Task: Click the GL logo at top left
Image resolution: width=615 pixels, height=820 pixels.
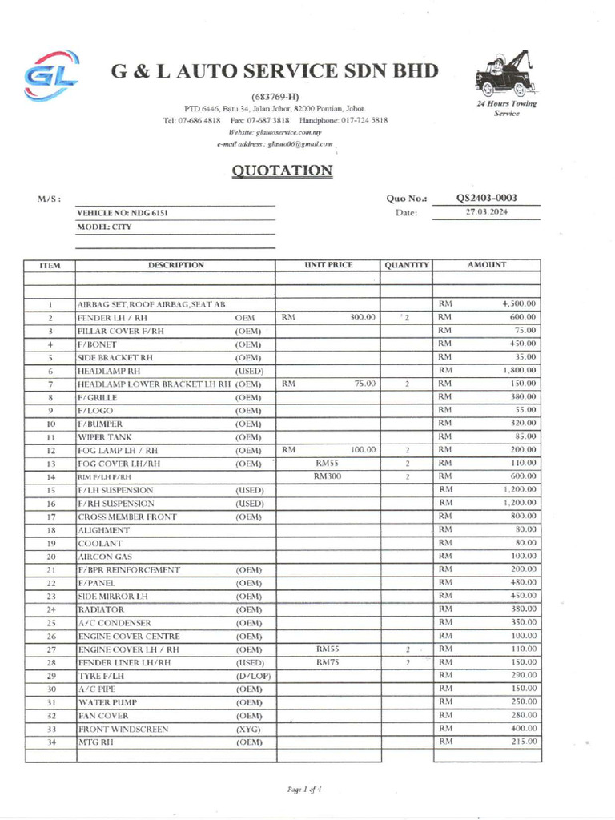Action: pyautogui.click(x=50, y=76)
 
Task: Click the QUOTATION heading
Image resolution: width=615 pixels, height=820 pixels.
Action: pyautogui.click(x=281, y=171)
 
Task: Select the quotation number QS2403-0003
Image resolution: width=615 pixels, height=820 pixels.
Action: pyautogui.click(x=486, y=198)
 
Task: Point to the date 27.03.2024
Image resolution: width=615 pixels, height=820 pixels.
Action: pyautogui.click(x=487, y=212)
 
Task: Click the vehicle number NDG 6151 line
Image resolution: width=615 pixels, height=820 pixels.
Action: pyautogui.click(x=123, y=213)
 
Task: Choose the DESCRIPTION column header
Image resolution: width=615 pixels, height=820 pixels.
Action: pyautogui.click(x=175, y=265)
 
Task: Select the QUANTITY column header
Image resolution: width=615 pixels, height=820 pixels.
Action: pyautogui.click(x=407, y=265)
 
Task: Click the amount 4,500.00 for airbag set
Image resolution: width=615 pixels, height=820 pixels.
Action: pyautogui.click(x=518, y=304)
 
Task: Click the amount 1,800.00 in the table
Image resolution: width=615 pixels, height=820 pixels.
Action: pyautogui.click(x=519, y=371)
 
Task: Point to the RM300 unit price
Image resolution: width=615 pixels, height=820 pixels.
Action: pyautogui.click(x=328, y=476)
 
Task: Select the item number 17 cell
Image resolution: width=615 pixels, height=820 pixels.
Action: pyautogui.click(x=50, y=517)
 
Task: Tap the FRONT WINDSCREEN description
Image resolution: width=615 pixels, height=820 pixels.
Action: pyautogui.click(x=123, y=730)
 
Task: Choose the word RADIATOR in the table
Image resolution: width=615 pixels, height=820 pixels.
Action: pyautogui.click(x=100, y=609)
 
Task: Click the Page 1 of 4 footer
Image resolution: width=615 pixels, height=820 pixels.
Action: pyautogui.click(x=303, y=790)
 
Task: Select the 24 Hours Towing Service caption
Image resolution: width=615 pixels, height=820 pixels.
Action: pyautogui.click(x=506, y=109)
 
